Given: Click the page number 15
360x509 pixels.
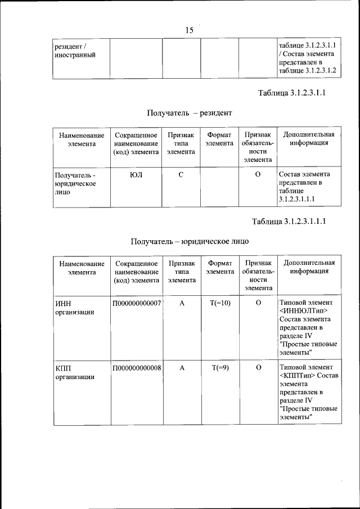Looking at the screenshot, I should pos(189,30).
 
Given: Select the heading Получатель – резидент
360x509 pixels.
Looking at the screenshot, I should pos(189,113).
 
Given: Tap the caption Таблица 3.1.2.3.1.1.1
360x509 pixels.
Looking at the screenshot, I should pos(289,221).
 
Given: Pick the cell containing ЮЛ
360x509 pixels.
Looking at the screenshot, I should pos(136,174).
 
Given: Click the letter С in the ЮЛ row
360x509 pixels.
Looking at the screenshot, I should pos(181,174).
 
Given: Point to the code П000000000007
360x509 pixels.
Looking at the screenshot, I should pos(137,303).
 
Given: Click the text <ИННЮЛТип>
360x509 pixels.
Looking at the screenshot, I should pos(303,311).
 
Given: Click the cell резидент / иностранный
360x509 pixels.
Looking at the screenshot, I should pos(74,51).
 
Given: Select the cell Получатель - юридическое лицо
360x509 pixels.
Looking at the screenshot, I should pos(75,183).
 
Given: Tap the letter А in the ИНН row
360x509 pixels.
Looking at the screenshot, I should pos(182,303).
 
